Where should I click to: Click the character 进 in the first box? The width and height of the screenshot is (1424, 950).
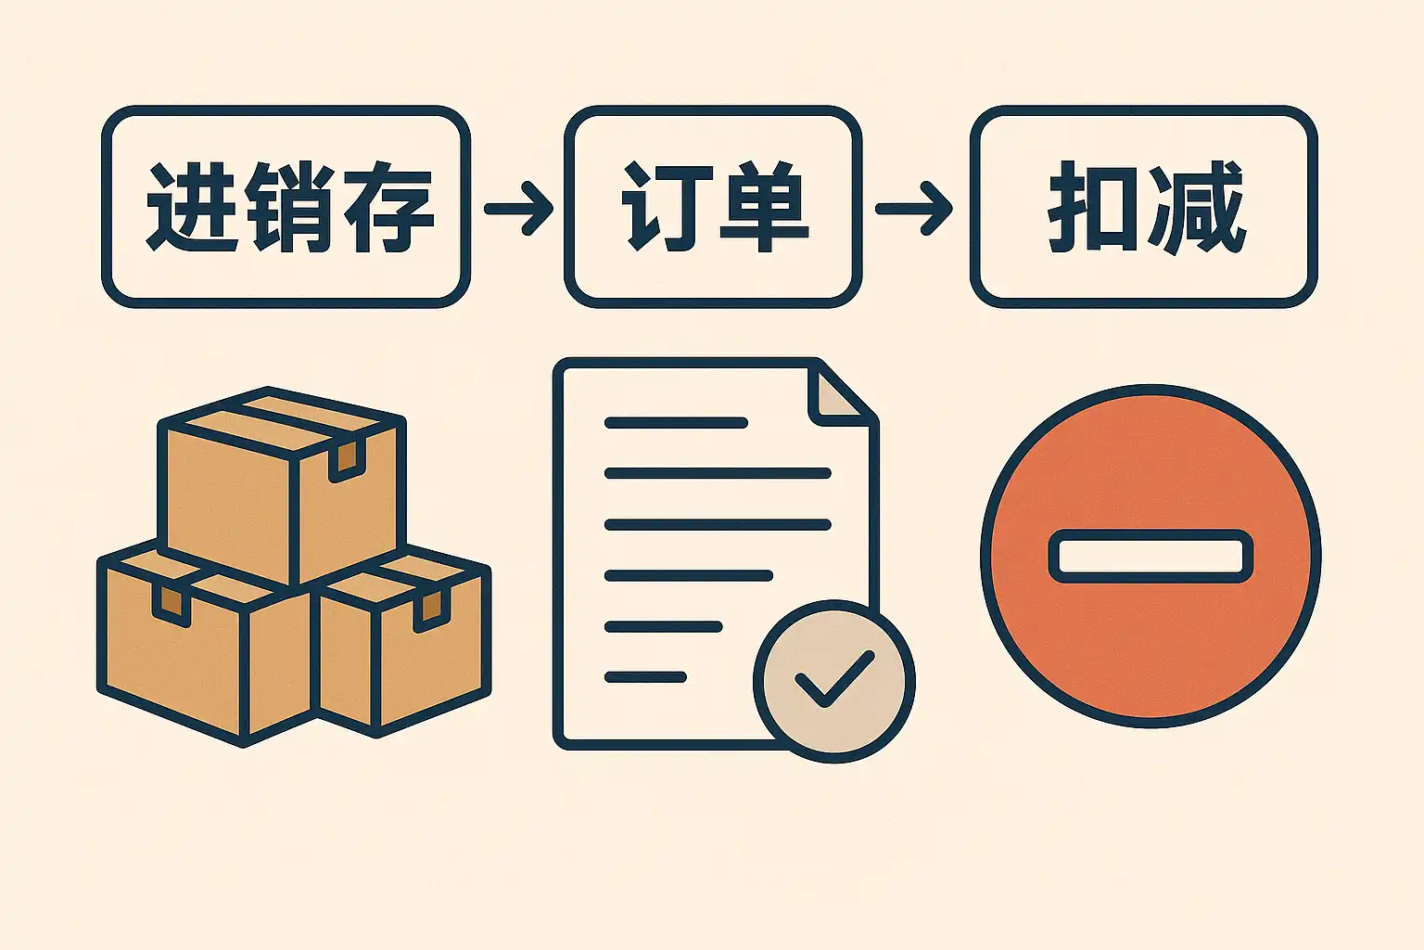click(193, 208)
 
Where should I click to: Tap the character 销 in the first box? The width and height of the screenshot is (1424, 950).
click(288, 208)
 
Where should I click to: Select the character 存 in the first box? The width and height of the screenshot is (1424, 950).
click(388, 208)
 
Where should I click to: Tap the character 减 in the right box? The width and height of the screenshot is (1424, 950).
click(1194, 207)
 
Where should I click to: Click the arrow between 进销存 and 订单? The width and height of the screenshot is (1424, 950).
click(518, 208)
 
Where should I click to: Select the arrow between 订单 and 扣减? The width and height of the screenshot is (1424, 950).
click(913, 208)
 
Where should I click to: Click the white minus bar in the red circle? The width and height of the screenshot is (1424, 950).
click(1151, 556)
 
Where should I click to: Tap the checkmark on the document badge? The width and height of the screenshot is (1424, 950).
click(834, 678)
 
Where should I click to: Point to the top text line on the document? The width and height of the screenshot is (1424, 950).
click(676, 422)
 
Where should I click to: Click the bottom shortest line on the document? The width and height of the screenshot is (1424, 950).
click(645, 677)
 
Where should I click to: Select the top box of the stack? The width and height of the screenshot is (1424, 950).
click(282, 487)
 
